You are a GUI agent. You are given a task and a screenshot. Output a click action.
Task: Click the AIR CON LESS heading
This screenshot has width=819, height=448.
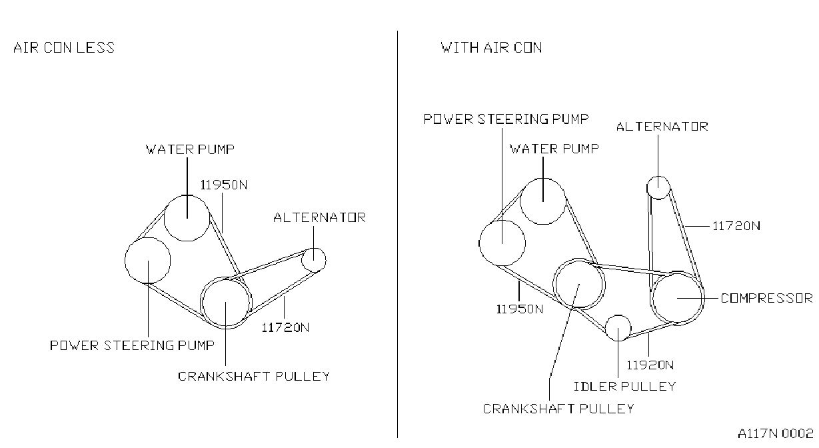64,48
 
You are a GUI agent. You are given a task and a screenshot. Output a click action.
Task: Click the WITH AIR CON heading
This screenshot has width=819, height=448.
491,48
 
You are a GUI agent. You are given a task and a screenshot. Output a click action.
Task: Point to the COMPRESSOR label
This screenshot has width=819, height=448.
767,299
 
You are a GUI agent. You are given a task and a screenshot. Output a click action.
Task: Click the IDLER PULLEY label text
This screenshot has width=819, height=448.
625,387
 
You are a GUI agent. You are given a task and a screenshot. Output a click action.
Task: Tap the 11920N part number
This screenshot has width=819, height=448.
650,365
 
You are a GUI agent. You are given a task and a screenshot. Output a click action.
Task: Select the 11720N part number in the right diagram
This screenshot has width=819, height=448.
737,226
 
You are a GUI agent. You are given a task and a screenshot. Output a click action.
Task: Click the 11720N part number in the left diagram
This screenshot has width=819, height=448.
286,327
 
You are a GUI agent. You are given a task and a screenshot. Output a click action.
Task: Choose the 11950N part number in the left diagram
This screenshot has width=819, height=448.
224,185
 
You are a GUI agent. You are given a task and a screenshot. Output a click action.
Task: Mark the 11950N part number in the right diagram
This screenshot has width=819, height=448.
520,309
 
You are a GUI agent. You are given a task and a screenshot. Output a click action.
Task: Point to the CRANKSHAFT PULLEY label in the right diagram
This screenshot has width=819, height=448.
558,409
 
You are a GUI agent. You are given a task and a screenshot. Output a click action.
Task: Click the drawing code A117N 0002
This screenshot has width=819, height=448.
776,434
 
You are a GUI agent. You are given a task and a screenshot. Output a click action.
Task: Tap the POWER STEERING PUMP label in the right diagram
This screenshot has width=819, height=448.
506,119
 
